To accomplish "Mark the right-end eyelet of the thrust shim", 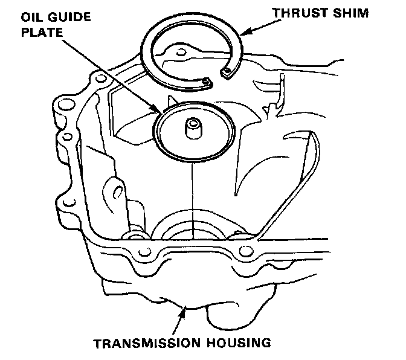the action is (x=227, y=73).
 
